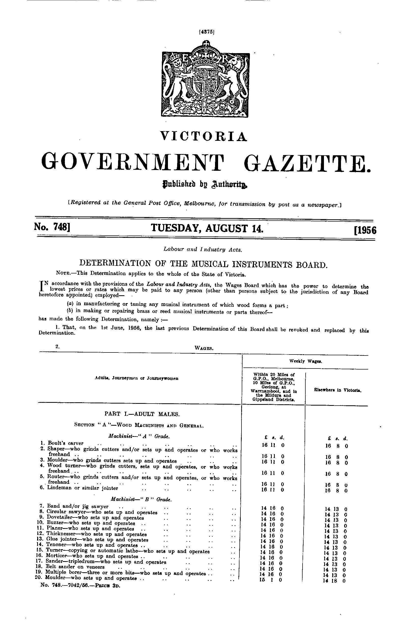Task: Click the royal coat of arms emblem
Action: (205, 78)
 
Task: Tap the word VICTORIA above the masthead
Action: (204, 136)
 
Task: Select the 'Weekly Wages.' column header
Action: (306, 361)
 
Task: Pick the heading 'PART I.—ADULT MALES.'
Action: (142, 414)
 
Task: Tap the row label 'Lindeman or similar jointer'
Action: (83, 488)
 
